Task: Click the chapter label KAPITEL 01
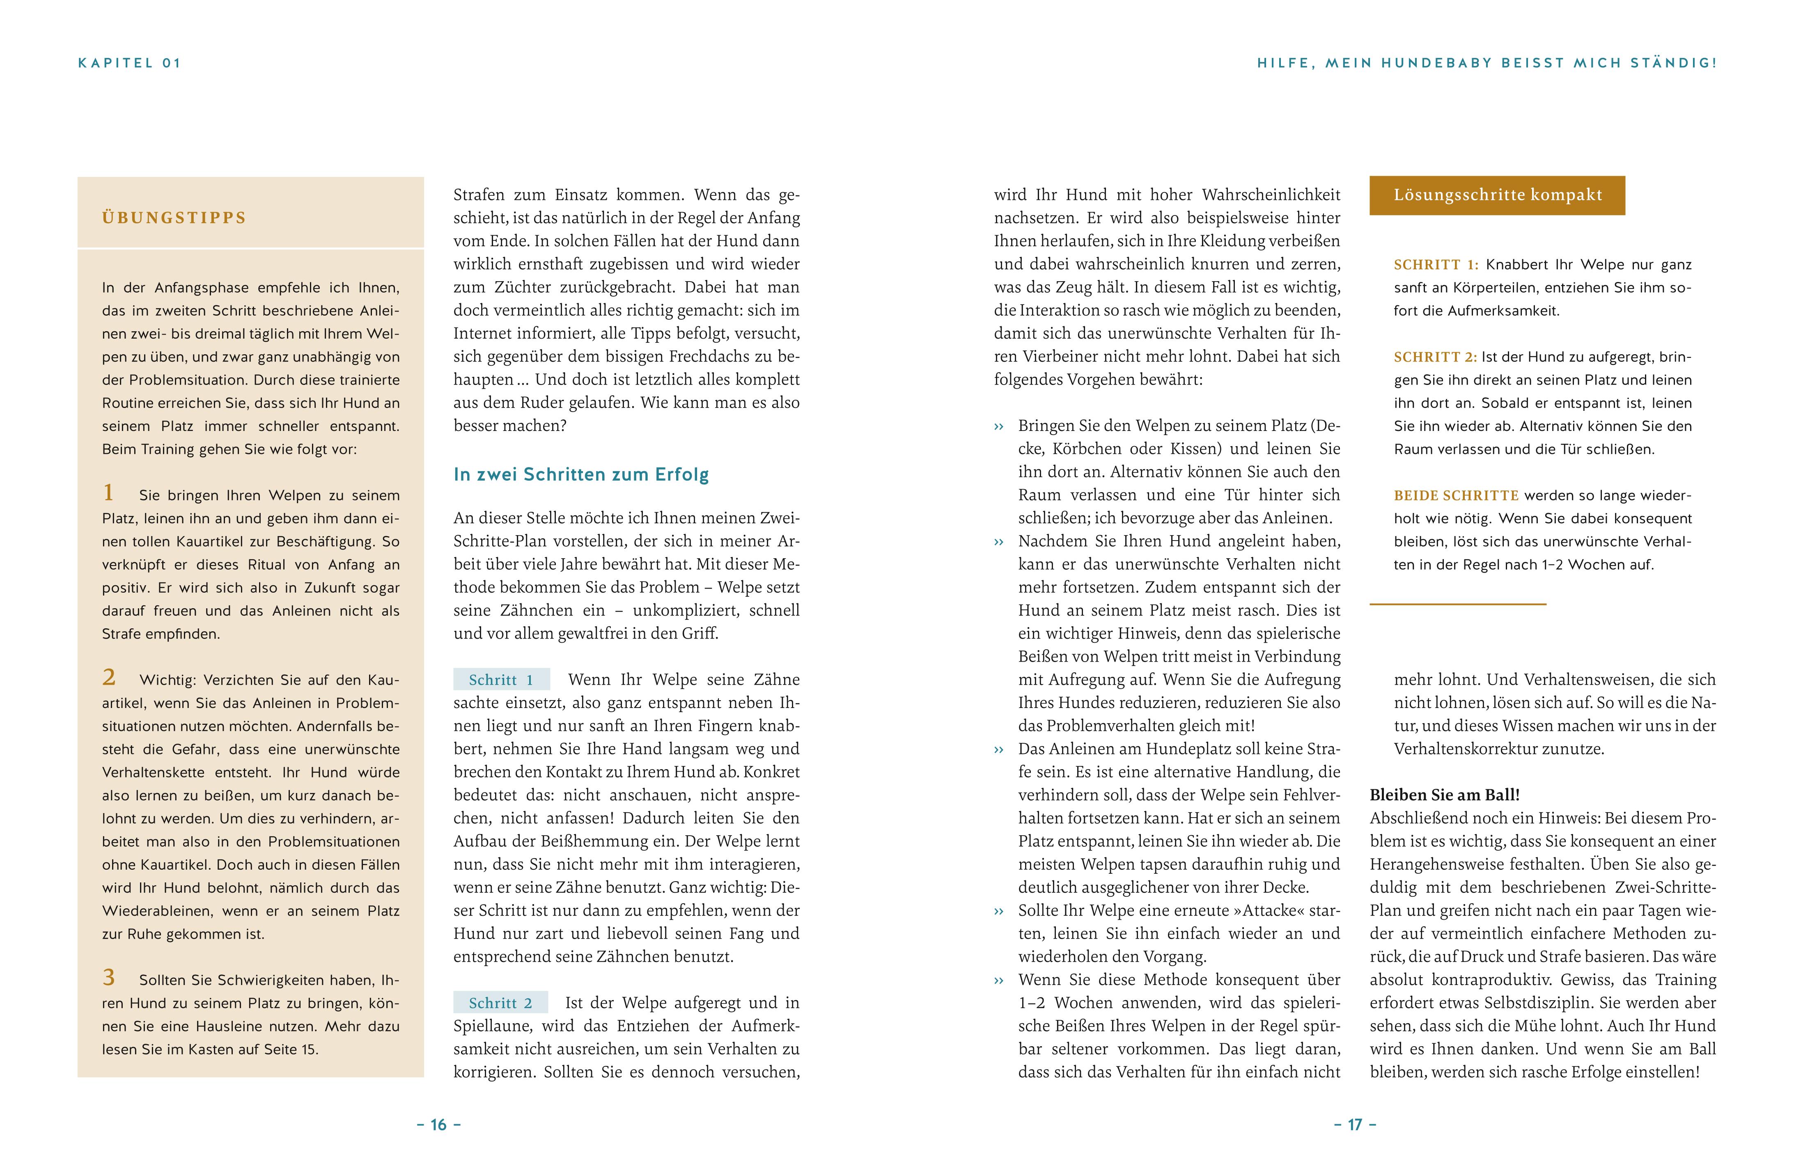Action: tap(130, 63)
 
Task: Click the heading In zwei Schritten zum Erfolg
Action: tap(581, 474)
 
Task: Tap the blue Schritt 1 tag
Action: tap(501, 680)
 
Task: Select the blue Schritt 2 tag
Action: tap(500, 1003)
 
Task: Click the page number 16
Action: tap(439, 1125)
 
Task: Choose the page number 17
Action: tap(1355, 1125)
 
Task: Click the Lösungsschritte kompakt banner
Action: tap(1497, 195)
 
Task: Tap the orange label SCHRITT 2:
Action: tap(1435, 357)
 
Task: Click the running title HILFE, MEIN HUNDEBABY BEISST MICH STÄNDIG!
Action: tap(1487, 63)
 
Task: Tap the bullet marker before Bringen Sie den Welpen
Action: tap(1000, 426)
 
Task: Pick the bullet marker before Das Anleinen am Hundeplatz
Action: tap(1000, 749)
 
